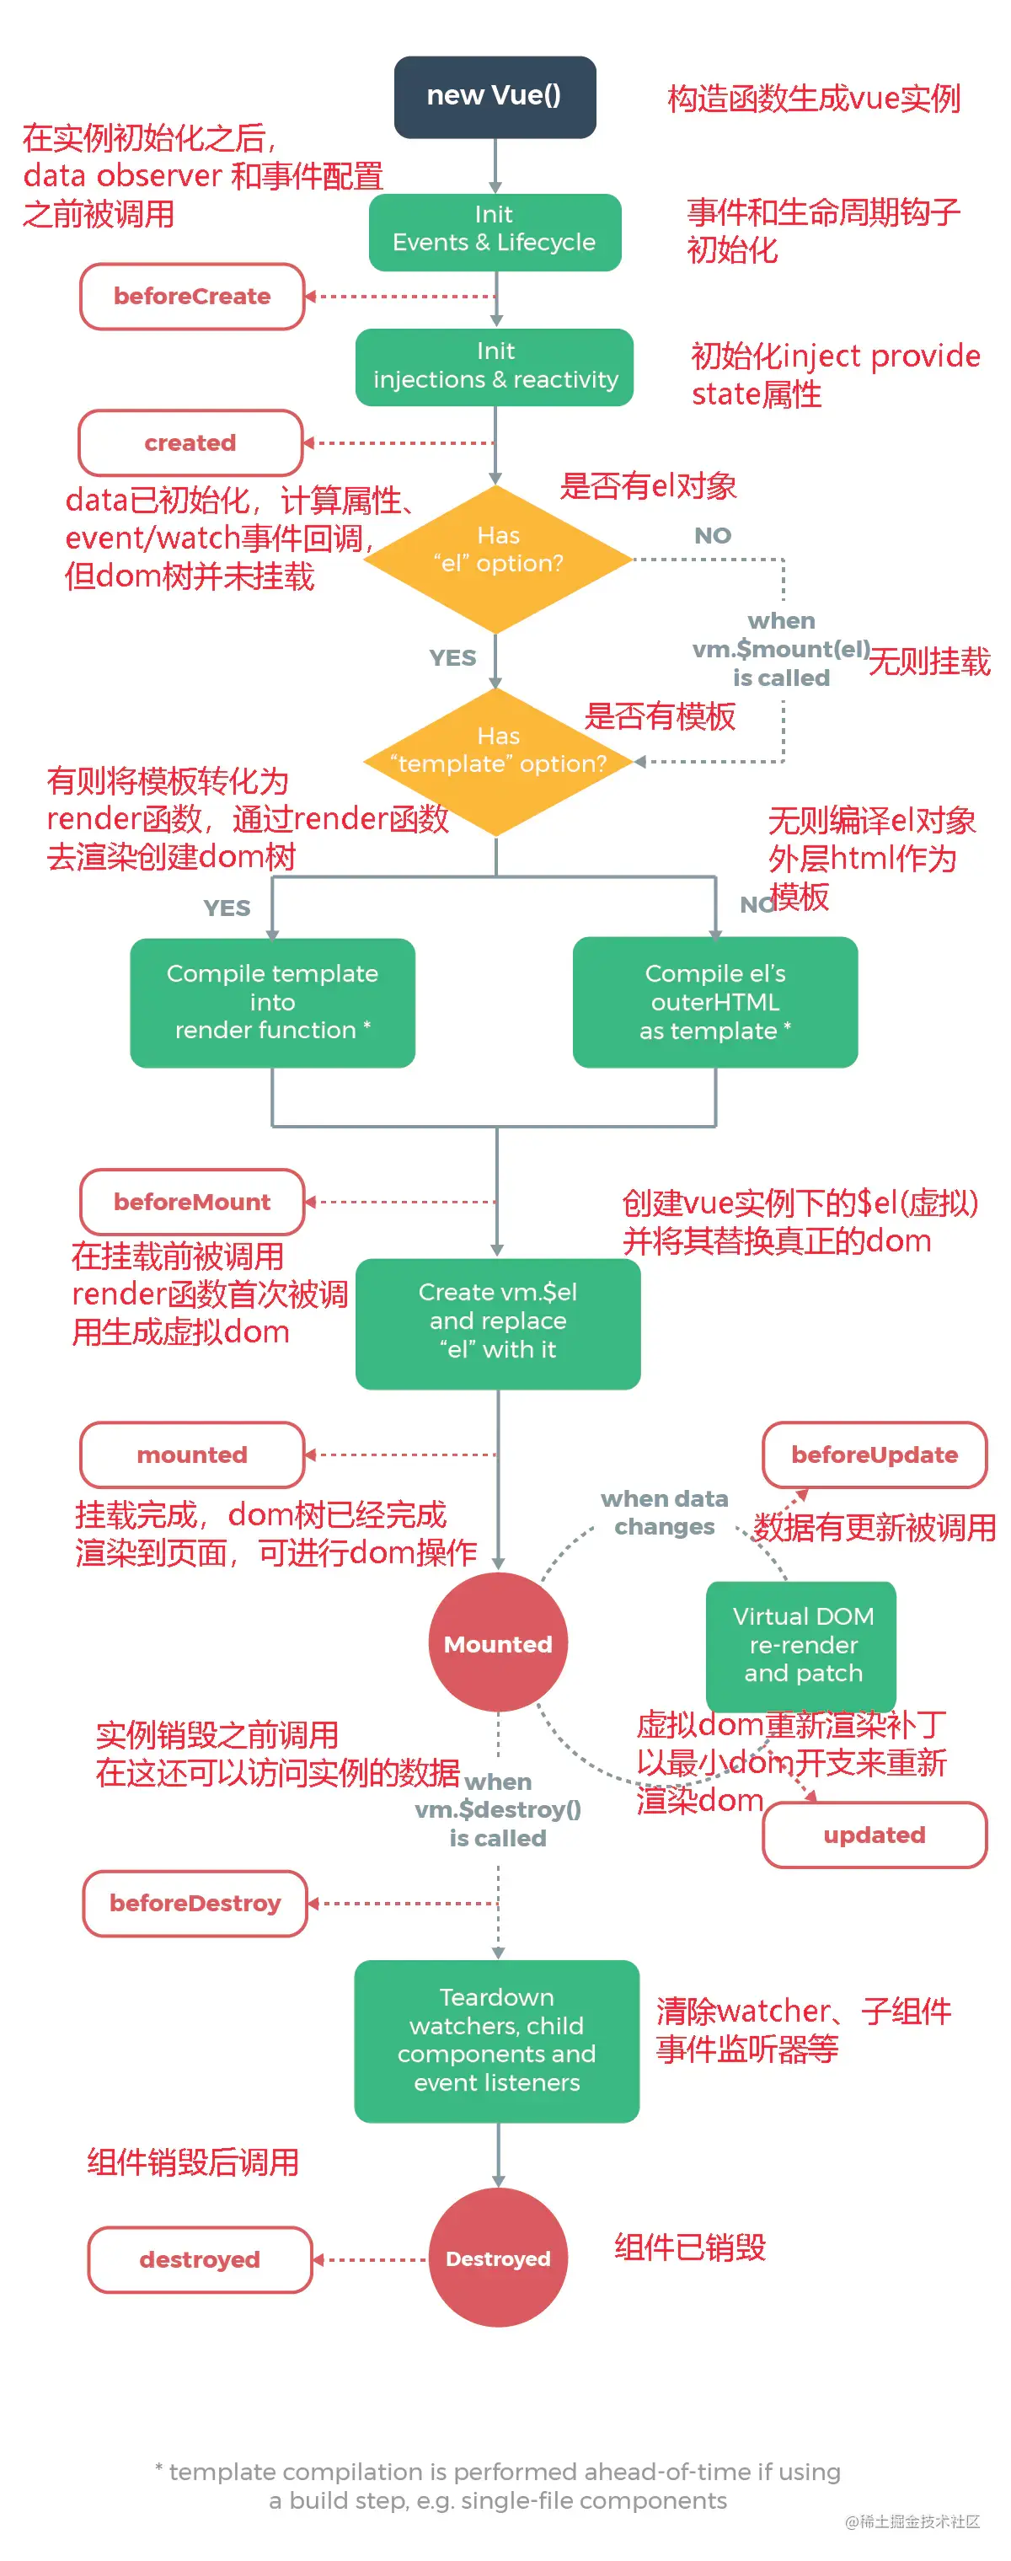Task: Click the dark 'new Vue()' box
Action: tap(494, 96)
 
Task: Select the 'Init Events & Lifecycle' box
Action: tap(494, 231)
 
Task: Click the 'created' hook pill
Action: tap(190, 442)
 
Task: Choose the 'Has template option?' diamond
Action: tap(497, 760)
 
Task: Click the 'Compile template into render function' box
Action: tap(271, 1001)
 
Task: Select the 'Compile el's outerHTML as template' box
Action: tap(714, 1001)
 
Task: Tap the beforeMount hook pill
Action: tap(192, 1201)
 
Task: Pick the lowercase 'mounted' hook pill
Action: tap(192, 1454)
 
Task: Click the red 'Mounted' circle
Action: tap(497, 1642)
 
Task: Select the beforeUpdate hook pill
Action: tap(874, 1454)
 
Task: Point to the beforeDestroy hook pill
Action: tap(195, 1902)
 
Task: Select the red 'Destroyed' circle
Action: tap(497, 2258)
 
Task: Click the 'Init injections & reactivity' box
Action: tap(494, 366)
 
